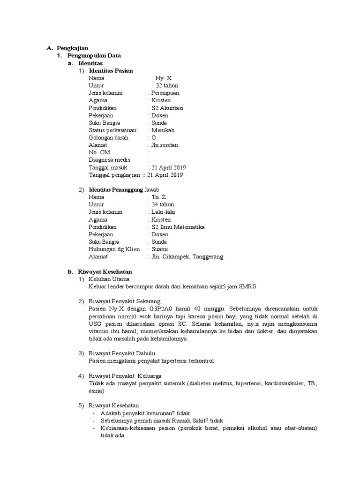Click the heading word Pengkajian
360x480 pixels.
[x=73, y=48]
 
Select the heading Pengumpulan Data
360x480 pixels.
[x=94, y=55]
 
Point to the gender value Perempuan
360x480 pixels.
[x=165, y=93]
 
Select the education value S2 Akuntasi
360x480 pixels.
[x=167, y=108]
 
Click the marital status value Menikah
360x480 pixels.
[x=162, y=130]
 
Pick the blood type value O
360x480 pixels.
[x=153, y=138]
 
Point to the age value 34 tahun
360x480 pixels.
[x=162, y=205]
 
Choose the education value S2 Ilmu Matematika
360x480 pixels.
[x=178, y=227]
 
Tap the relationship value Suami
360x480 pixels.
[x=159, y=249]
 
